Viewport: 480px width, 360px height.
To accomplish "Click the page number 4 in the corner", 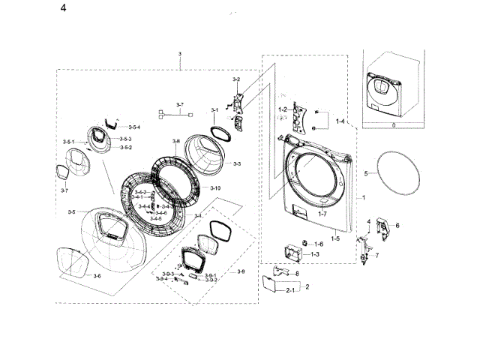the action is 62,8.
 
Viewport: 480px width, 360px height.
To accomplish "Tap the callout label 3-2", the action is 235,79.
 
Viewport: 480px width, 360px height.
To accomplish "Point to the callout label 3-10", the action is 215,187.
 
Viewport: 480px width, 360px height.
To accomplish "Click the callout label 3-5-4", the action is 134,127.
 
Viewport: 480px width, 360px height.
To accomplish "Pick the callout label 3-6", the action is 97,276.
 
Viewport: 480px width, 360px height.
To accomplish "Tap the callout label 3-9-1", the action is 211,275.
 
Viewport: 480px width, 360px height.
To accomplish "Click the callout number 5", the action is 366,173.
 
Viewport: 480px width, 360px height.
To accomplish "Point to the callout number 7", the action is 376,256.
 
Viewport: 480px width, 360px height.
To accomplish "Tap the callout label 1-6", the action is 319,244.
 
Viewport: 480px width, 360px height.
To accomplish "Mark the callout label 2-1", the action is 290,300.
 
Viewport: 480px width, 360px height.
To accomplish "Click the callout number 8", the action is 297,274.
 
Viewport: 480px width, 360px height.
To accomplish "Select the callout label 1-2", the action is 283,110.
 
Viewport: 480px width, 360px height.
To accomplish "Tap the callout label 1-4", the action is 340,121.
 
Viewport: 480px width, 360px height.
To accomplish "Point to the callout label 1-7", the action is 322,214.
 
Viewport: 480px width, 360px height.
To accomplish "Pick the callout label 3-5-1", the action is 69,142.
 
